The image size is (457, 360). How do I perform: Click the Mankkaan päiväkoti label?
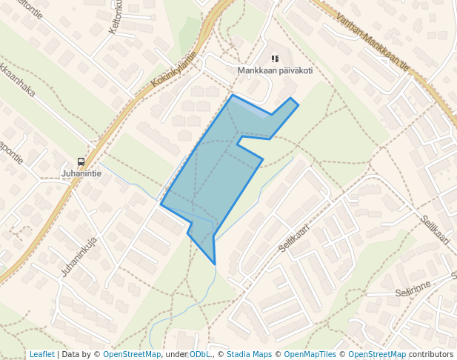pyautogui.click(x=275, y=71)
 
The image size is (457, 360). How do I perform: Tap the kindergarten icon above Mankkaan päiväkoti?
pyautogui.click(x=275, y=59)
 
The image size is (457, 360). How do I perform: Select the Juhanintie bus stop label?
pyautogui.click(x=81, y=175)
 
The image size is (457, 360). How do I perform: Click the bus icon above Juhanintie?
pyautogui.click(x=81, y=162)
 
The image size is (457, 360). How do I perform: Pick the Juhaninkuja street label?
pyautogui.click(x=79, y=256)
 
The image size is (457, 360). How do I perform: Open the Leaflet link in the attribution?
pyautogui.click(x=41, y=354)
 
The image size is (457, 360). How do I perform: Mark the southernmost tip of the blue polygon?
pyautogui.click(x=214, y=264)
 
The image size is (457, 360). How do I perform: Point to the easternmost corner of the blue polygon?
pyautogui.click(x=298, y=105)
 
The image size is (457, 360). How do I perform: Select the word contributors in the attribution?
pyautogui.click(x=430, y=354)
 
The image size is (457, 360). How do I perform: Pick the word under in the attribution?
pyautogui.click(x=176, y=354)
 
